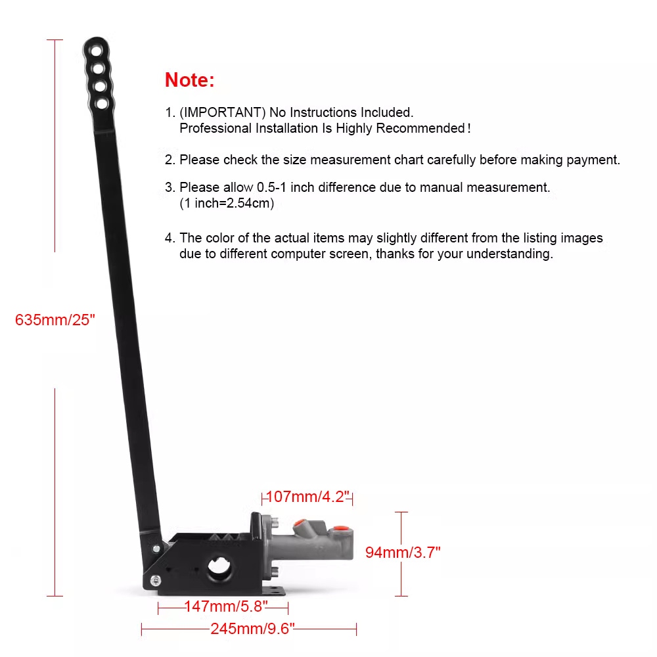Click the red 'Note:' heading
tap(189, 79)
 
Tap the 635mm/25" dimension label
tap(55, 320)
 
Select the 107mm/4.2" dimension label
tap(307, 497)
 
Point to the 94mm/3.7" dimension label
tap(403, 553)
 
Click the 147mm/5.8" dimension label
tap(226, 606)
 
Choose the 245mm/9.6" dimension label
tap(253, 629)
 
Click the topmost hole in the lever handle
tap(97, 51)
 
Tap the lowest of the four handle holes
tap(102, 103)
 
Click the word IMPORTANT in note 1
tap(223, 112)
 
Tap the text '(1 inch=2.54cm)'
tap(227, 203)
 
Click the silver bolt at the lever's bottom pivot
tap(155, 581)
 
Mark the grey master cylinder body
tap(311, 543)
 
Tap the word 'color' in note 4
tap(219, 238)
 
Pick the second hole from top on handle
tap(98, 68)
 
